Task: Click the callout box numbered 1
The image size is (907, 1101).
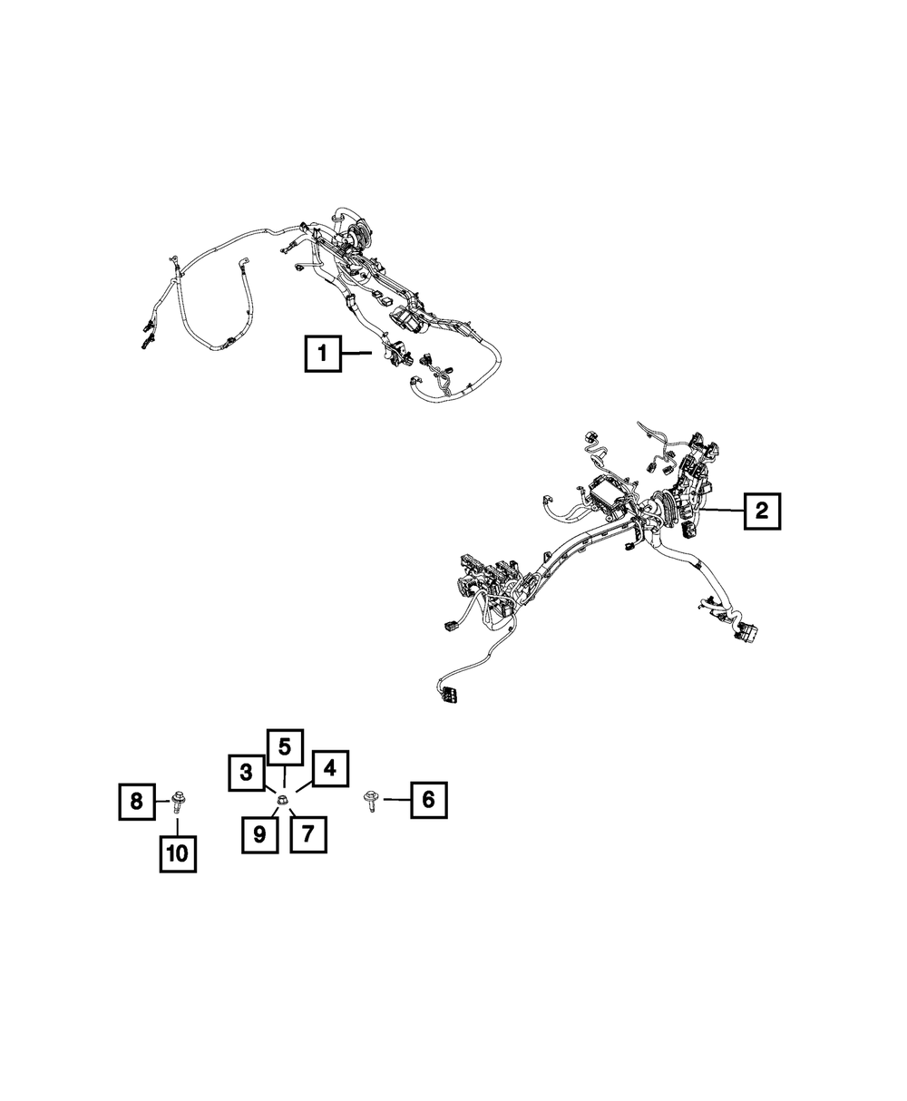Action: pyautogui.click(x=323, y=353)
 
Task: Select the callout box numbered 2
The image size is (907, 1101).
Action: pyautogui.click(x=761, y=512)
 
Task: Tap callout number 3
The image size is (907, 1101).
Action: pyautogui.click(x=245, y=774)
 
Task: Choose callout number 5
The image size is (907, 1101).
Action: pyautogui.click(x=284, y=747)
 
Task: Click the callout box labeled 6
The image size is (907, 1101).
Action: pyautogui.click(x=428, y=799)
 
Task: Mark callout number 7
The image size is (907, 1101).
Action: pyautogui.click(x=307, y=833)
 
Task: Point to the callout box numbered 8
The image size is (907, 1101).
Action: pyautogui.click(x=136, y=801)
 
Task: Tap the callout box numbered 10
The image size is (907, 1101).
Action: pyautogui.click(x=178, y=853)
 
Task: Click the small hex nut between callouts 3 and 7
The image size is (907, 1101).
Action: pyautogui.click(x=283, y=799)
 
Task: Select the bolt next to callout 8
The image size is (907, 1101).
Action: pyautogui.click(x=178, y=800)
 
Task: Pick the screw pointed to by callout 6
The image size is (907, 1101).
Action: pyautogui.click(x=372, y=801)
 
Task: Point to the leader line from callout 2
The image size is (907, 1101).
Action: pyautogui.click(x=726, y=512)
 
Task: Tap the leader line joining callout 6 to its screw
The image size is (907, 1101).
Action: pyautogui.click(x=395, y=799)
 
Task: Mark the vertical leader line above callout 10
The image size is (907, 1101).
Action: pyautogui.click(x=178, y=823)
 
